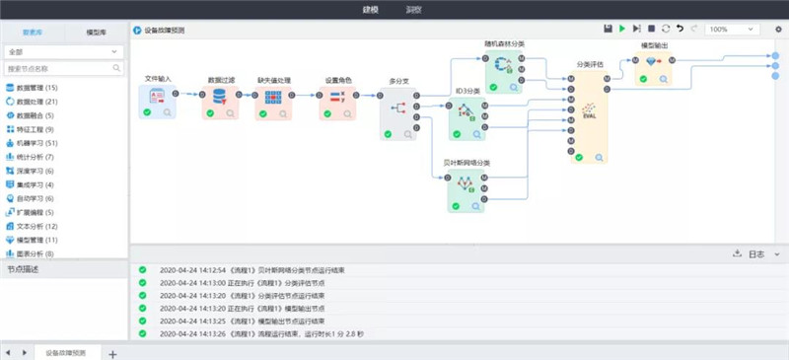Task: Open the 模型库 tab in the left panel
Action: pos(96,32)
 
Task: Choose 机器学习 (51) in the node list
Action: pos(36,143)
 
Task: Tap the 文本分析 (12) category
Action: pos(36,226)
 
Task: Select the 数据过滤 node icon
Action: pos(220,96)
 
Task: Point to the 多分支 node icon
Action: pos(398,108)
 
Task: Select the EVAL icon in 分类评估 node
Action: pos(589,111)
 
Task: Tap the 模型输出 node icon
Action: pos(651,61)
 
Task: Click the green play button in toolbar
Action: pos(621,30)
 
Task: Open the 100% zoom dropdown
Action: pos(731,30)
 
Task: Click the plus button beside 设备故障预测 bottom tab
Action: pos(112,353)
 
